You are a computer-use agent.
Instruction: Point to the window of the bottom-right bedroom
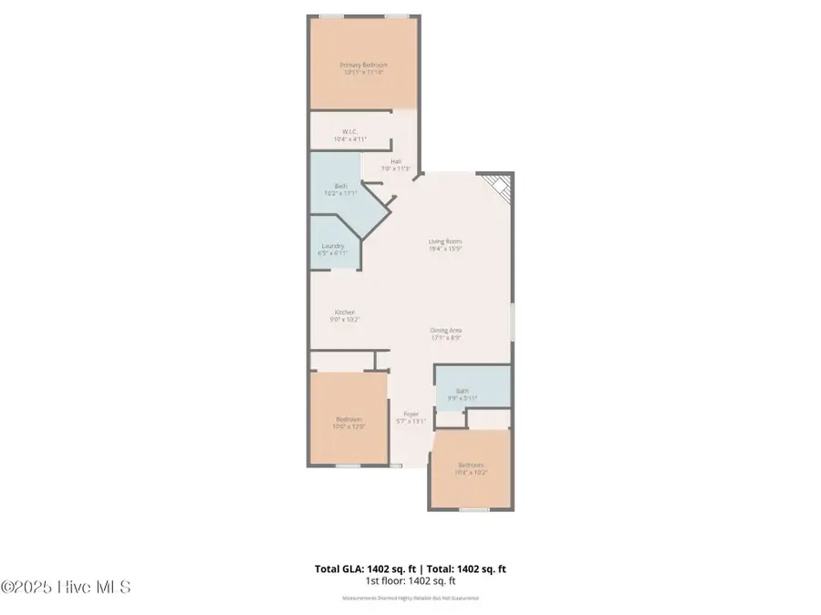click(473, 509)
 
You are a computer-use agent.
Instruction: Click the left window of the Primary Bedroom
click(326, 15)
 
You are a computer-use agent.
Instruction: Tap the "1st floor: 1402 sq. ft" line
click(410, 580)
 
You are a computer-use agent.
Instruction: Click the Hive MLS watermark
click(67, 586)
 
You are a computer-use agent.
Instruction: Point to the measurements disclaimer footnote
click(410, 599)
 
